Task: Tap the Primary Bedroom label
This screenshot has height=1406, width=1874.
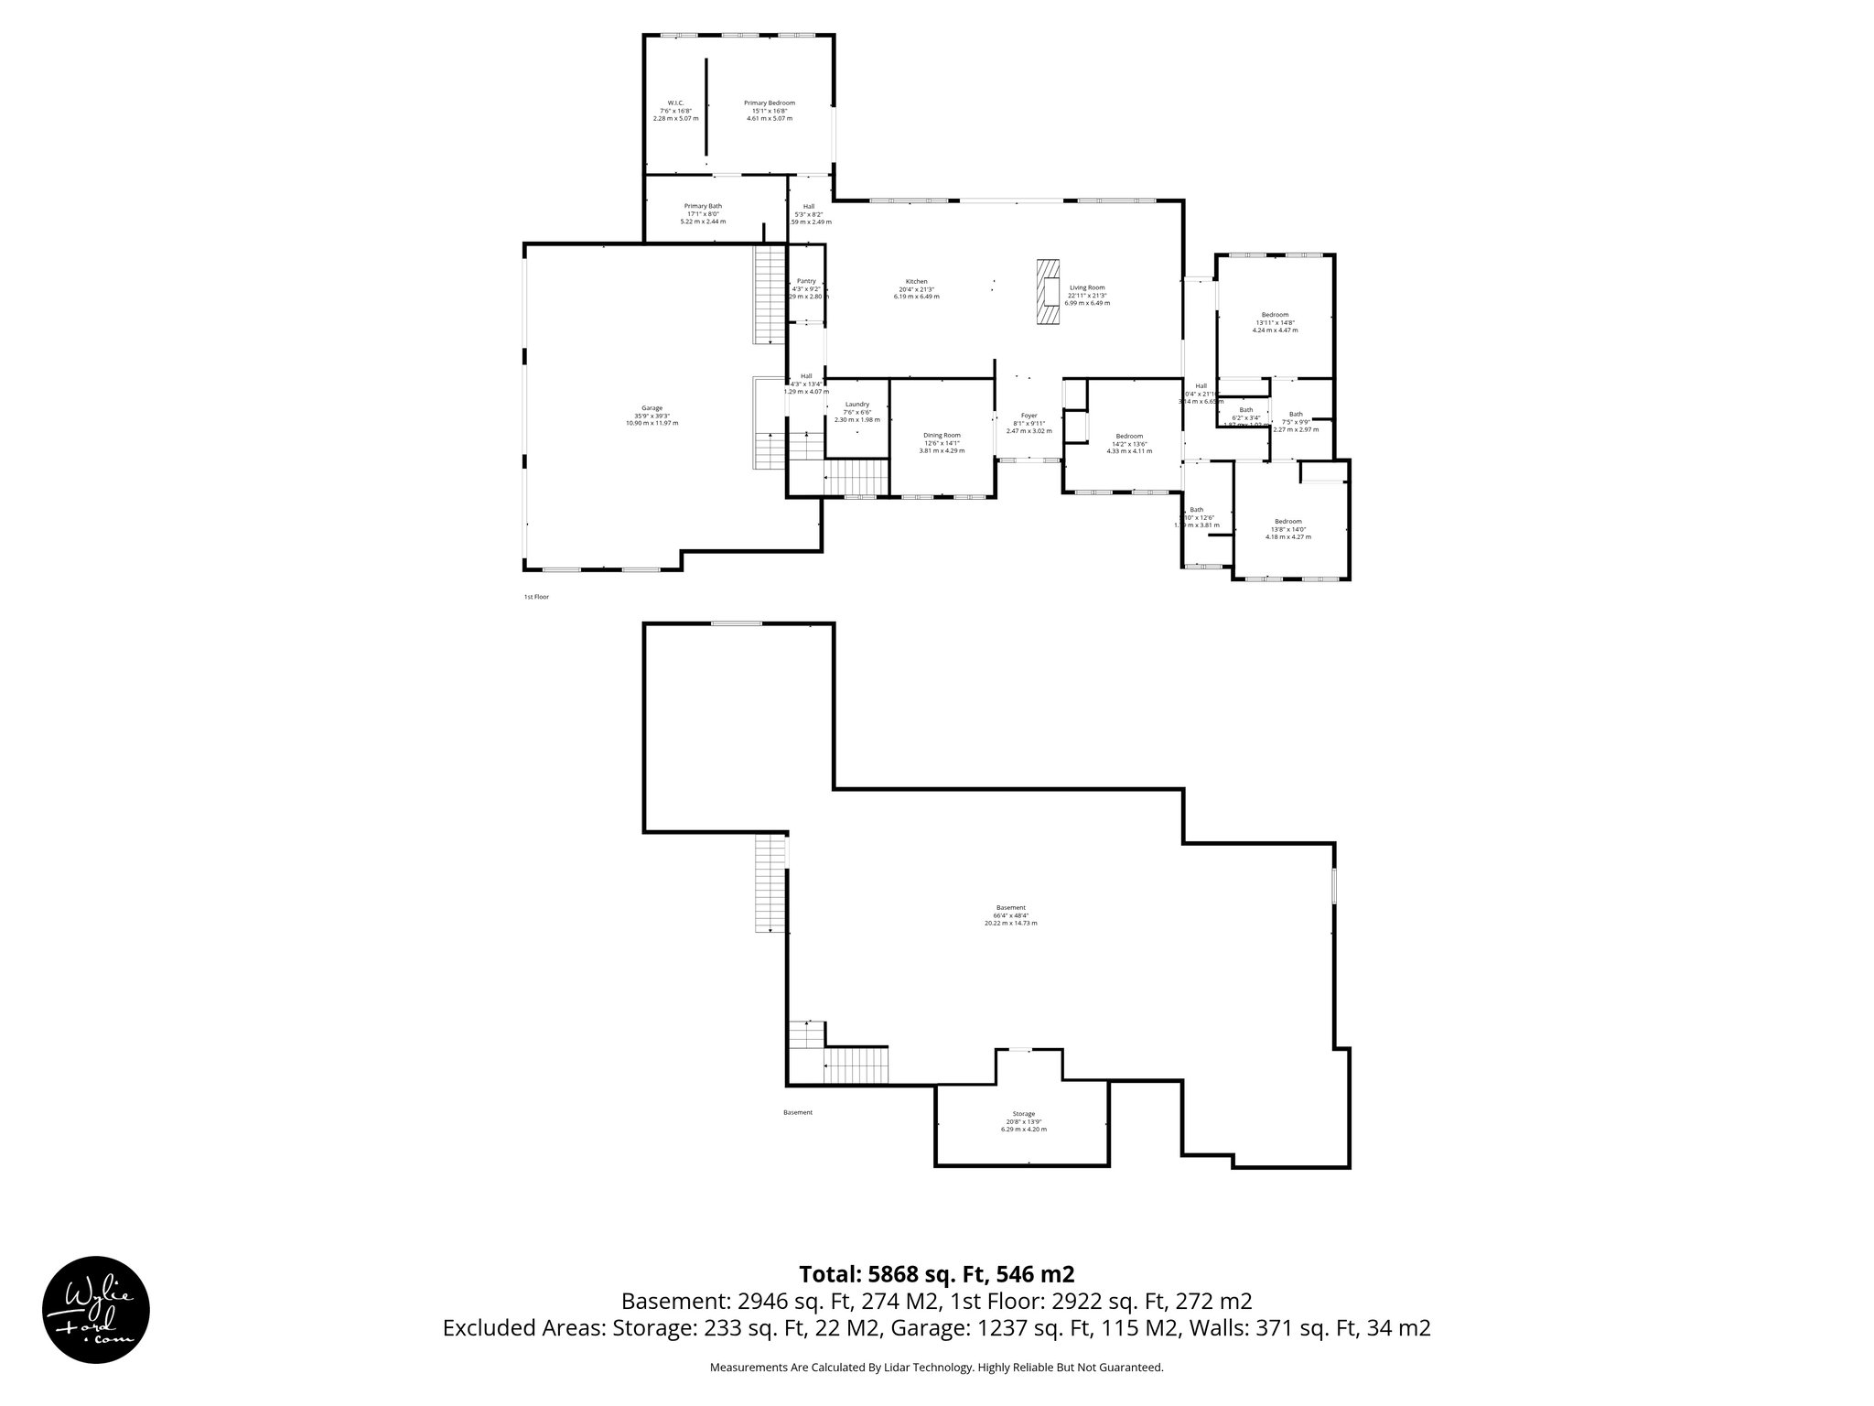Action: [x=769, y=110]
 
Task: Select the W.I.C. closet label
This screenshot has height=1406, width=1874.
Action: [x=675, y=110]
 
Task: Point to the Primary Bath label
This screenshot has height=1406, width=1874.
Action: [x=703, y=213]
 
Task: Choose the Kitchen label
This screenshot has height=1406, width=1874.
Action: [x=917, y=288]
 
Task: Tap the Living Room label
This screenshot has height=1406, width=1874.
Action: [x=1087, y=295]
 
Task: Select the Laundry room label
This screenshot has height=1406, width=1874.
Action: [x=856, y=412]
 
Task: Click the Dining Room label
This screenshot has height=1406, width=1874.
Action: [x=942, y=442]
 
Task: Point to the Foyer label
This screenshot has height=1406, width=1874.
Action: [x=1029, y=422]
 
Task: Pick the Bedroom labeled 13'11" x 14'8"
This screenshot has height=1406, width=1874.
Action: [x=1275, y=322]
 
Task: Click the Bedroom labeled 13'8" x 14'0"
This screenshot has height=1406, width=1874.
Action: [x=1287, y=529]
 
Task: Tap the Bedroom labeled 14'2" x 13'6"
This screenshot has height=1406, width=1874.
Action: [x=1129, y=443]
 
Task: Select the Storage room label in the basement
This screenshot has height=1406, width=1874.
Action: [x=1023, y=1121]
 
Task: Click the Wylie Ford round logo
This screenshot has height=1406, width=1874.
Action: [x=96, y=1309]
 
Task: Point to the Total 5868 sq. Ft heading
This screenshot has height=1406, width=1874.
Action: [x=936, y=1273]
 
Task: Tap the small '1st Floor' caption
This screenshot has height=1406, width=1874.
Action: [x=536, y=597]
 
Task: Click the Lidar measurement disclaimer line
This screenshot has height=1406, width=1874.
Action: [x=936, y=1368]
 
